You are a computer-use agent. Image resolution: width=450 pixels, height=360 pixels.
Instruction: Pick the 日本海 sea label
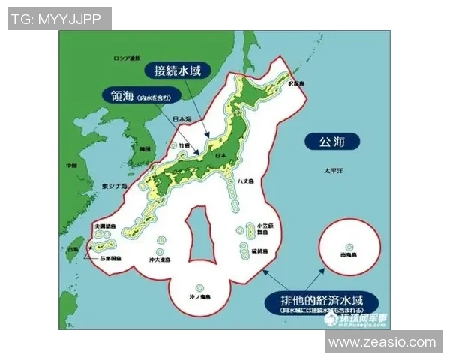(x=182, y=119)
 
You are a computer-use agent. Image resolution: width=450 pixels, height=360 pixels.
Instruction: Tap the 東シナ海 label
(x=115, y=185)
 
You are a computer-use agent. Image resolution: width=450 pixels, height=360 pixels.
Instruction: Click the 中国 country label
(x=72, y=165)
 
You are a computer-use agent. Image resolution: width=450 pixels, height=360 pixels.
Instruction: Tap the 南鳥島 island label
(x=349, y=256)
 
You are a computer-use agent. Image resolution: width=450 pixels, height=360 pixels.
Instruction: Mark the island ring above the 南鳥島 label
(x=349, y=246)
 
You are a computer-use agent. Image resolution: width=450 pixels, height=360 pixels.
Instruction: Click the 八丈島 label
(x=245, y=181)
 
